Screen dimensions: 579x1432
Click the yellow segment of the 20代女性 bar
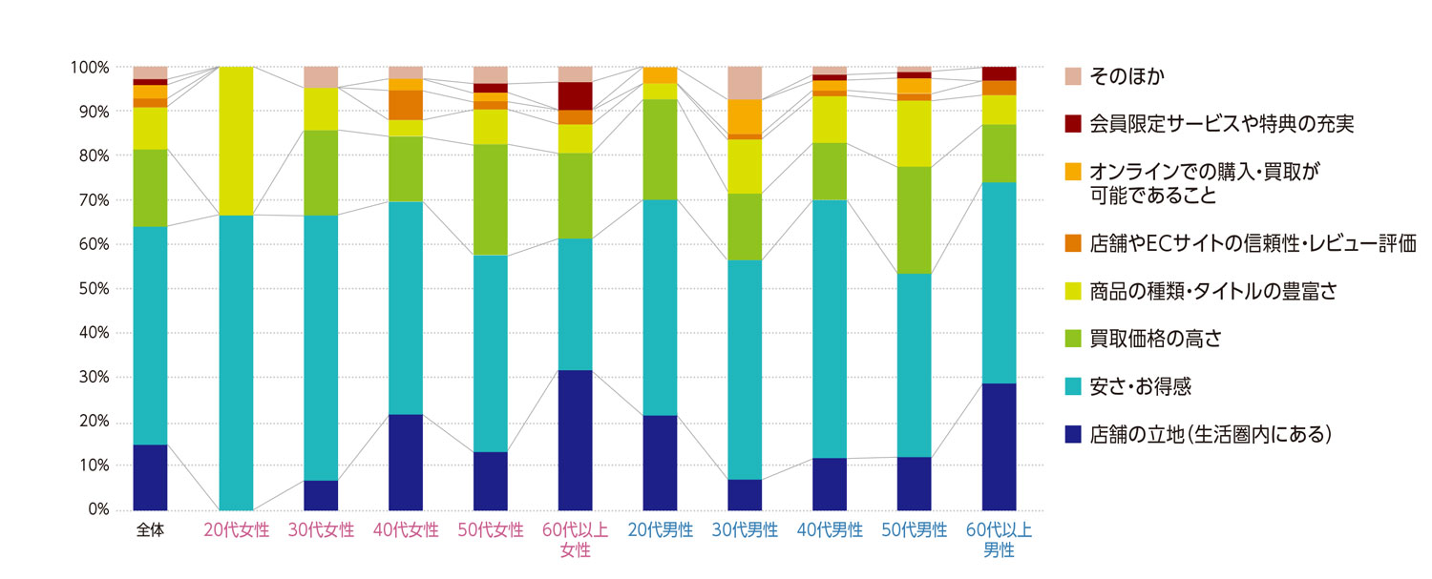pyautogui.click(x=236, y=141)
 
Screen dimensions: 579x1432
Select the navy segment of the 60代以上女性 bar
pyautogui.click(x=576, y=440)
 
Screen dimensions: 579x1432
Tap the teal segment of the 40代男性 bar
pyautogui.click(x=830, y=328)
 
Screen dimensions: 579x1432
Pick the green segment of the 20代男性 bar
pyautogui.click(x=660, y=149)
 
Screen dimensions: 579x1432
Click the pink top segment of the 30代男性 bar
pyautogui.click(x=745, y=83)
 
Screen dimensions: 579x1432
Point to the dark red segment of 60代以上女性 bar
pyautogui.click(x=576, y=96)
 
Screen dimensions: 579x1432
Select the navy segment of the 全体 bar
pyautogui.click(x=150, y=477)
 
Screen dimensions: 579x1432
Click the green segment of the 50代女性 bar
pyautogui.click(x=491, y=199)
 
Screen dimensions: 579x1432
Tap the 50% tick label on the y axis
pyautogui.click(x=90, y=289)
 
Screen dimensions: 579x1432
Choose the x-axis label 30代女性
pyautogui.click(x=321, y=530)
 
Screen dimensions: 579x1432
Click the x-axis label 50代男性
pyautogui.click(x=915, y=530)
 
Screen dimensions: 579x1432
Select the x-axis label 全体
pyautogui.click(x=150, y=530)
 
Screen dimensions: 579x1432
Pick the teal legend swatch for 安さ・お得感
pyautogui.click(x=1072, y=386)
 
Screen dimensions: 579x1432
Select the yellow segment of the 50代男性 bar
pyautogui.click(x=915, y=134)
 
